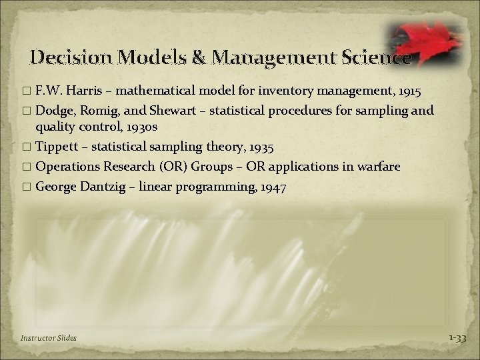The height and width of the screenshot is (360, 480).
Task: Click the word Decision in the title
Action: coord(71,57)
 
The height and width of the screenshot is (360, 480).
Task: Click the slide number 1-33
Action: coord(458,338)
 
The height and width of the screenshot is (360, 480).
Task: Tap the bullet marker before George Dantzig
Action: coord(27,188)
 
